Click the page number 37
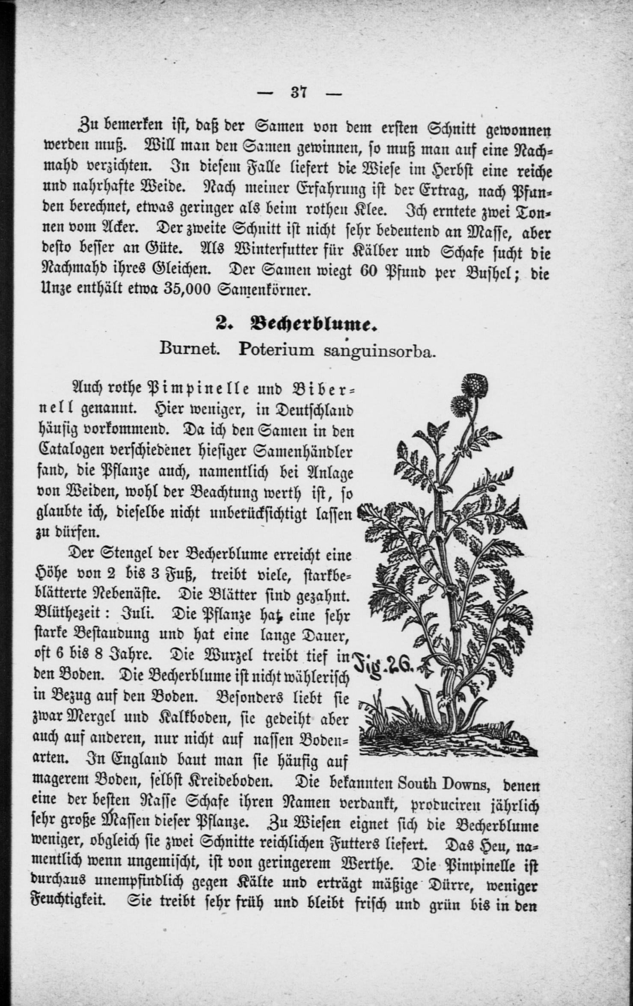299,92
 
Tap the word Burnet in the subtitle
190,349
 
